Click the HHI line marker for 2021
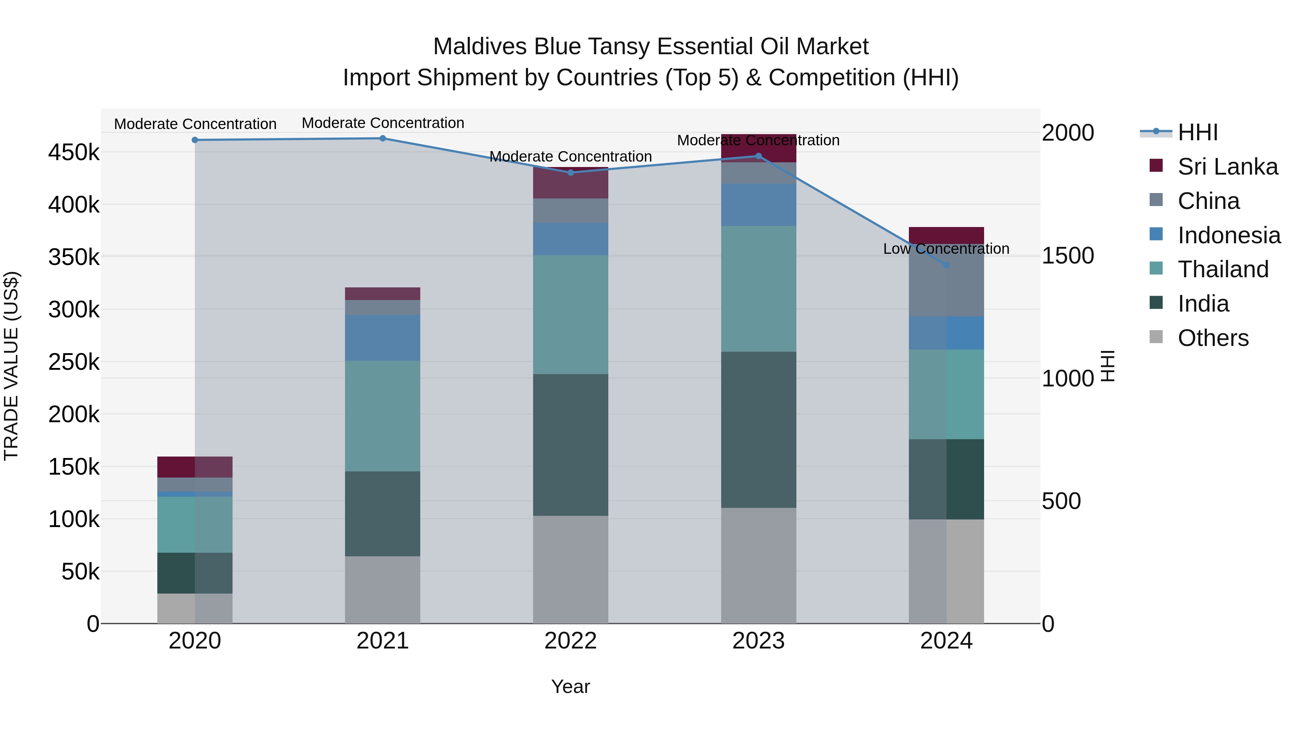coord(383,138)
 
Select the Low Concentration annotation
coord(946,249)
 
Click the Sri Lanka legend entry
coord(1227,167)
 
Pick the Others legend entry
coord(1213,338)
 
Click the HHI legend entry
coord(1197,132)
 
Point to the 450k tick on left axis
coord(74,152)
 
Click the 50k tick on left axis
coord(80,572)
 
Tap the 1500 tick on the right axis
coord(1068,256)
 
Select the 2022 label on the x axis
coord(571,641)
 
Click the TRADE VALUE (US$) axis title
coord(12,366)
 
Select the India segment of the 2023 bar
coord(758,429)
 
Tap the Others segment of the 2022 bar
coord(571,569)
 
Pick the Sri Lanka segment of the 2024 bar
coord(946,235)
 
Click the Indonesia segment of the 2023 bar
coord(758,205)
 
